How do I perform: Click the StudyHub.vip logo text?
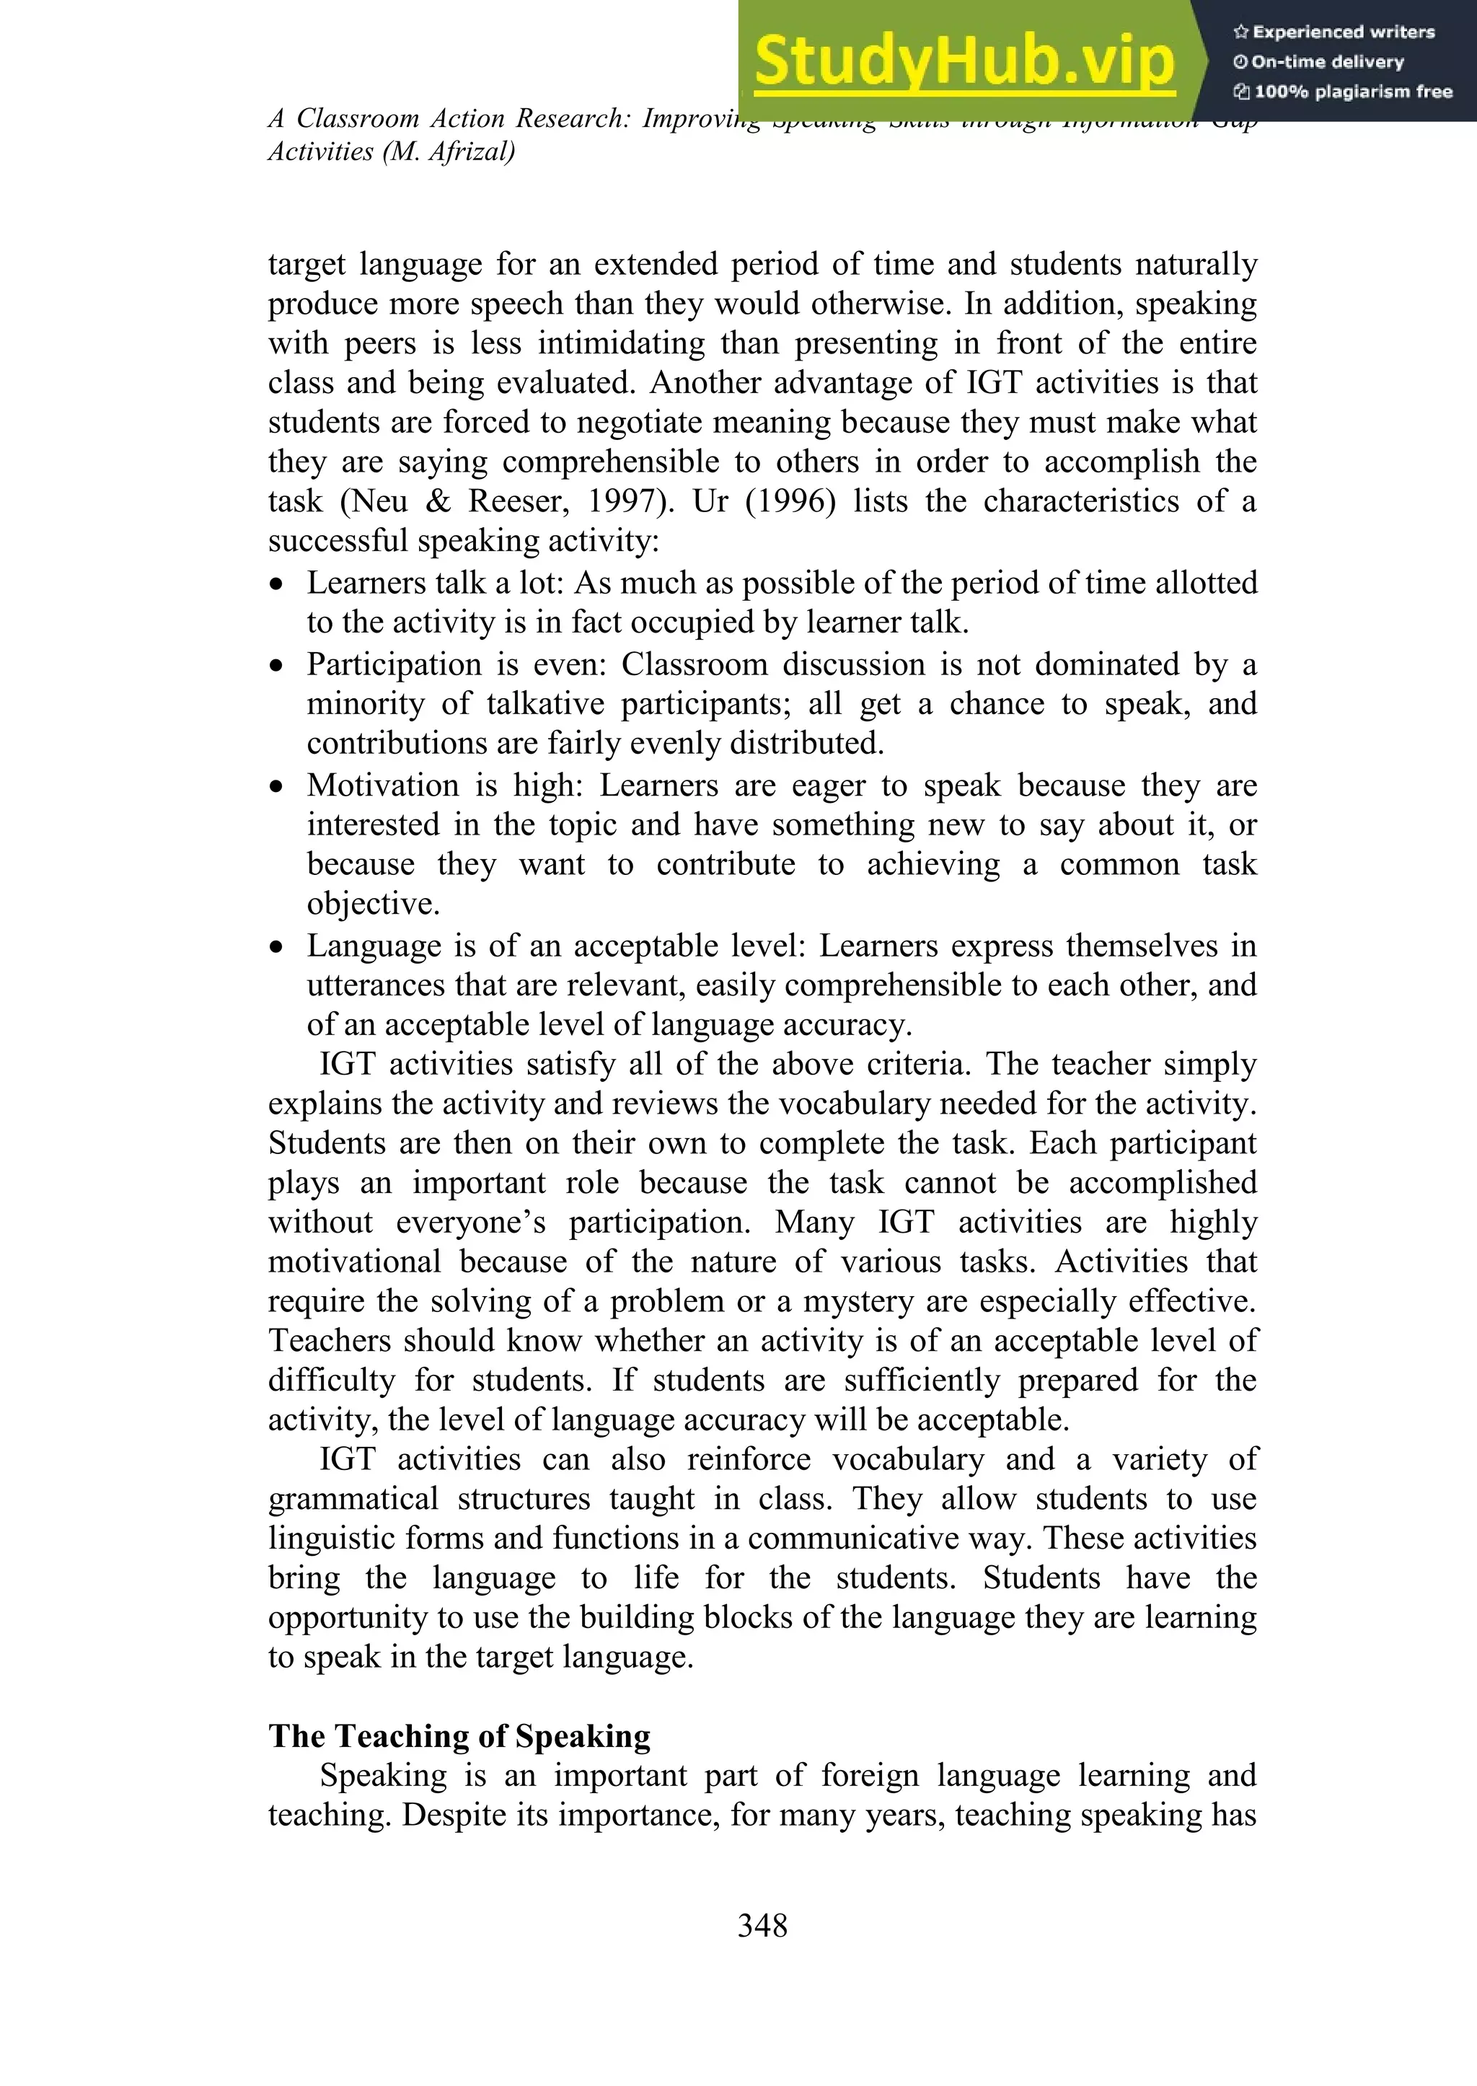pos(964,62)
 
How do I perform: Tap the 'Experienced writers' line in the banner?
pos(1333,32)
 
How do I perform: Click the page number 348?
pos(762,1925)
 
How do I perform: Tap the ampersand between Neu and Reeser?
pos(438,501)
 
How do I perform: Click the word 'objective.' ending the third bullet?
pos(373,905)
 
